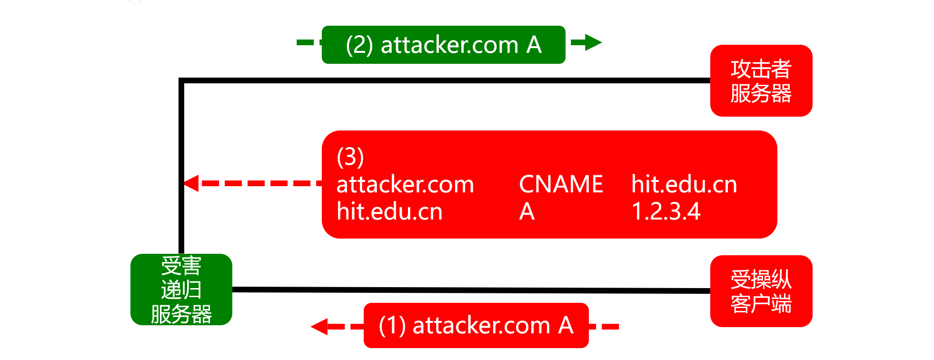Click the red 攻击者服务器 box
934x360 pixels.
coord(761,80)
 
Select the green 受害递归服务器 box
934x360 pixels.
coord(181,290)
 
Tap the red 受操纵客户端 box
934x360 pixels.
coord(761,291)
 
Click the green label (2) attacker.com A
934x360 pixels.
coord(443,45)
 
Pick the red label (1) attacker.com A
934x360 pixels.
coord(476,325)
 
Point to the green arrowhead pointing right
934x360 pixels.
coord(593,42)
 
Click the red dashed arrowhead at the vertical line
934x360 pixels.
coord(191,183)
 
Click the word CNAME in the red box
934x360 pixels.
coord(561,184)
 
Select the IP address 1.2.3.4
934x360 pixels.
coord(666,211)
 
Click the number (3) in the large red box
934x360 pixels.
coord(350,157)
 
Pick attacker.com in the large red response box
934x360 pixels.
coord(405,184)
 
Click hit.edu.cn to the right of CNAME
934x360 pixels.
coord(684,184)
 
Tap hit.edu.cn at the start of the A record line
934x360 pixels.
coord(389,211)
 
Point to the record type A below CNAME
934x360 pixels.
coord(527,211)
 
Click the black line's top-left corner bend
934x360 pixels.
coord(181,80)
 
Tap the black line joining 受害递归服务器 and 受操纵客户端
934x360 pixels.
coord(471,290)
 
